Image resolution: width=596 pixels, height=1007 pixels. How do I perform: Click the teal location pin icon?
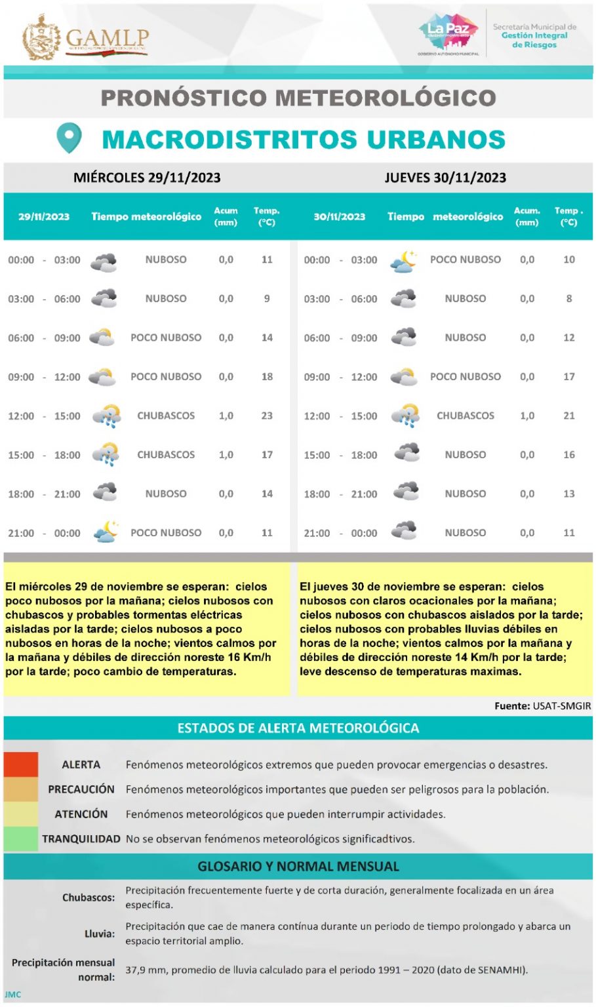pyautogui.click(x=69, y=138)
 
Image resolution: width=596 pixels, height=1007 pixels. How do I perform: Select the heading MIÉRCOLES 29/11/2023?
pyautogui.click(x=147, y=178)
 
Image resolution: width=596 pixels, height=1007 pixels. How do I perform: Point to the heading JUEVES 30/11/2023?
pyautogui.click(x=445, y=178)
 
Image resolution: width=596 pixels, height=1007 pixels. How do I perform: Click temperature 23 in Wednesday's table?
pyautogui.click(x=267, y=416)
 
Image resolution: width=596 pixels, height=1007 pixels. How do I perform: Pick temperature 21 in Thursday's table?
pyautogui.click(x=569, y=416)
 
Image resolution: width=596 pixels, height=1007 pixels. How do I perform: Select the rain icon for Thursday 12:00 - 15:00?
pyautogui.click(x=405, y=416)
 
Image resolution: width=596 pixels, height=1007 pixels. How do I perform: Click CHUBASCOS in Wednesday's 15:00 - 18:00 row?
pyautogui.click(x=166, y=454)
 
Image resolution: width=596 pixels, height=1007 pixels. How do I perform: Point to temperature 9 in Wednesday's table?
pyautogui.click(x=267, y=298)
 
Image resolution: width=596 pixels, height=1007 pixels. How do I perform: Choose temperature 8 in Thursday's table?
pyautogui.click(x=569, y=298)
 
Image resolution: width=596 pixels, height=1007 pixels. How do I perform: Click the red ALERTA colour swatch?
pyautogui.click(x=20, y=764)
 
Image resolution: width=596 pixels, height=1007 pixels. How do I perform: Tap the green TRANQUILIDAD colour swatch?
pyautogui.click(x=20, y=839)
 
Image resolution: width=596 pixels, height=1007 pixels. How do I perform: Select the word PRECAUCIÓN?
pyautogui.click(x=81, y=789)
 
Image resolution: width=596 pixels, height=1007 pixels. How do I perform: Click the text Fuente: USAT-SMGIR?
pyautogui.click(x=542, y=706)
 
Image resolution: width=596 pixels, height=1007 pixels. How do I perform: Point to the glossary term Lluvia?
pyautogui.click(x=100, y=934)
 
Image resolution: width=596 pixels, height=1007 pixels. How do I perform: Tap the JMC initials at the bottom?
pyautogui.click(x=13, y=995)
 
